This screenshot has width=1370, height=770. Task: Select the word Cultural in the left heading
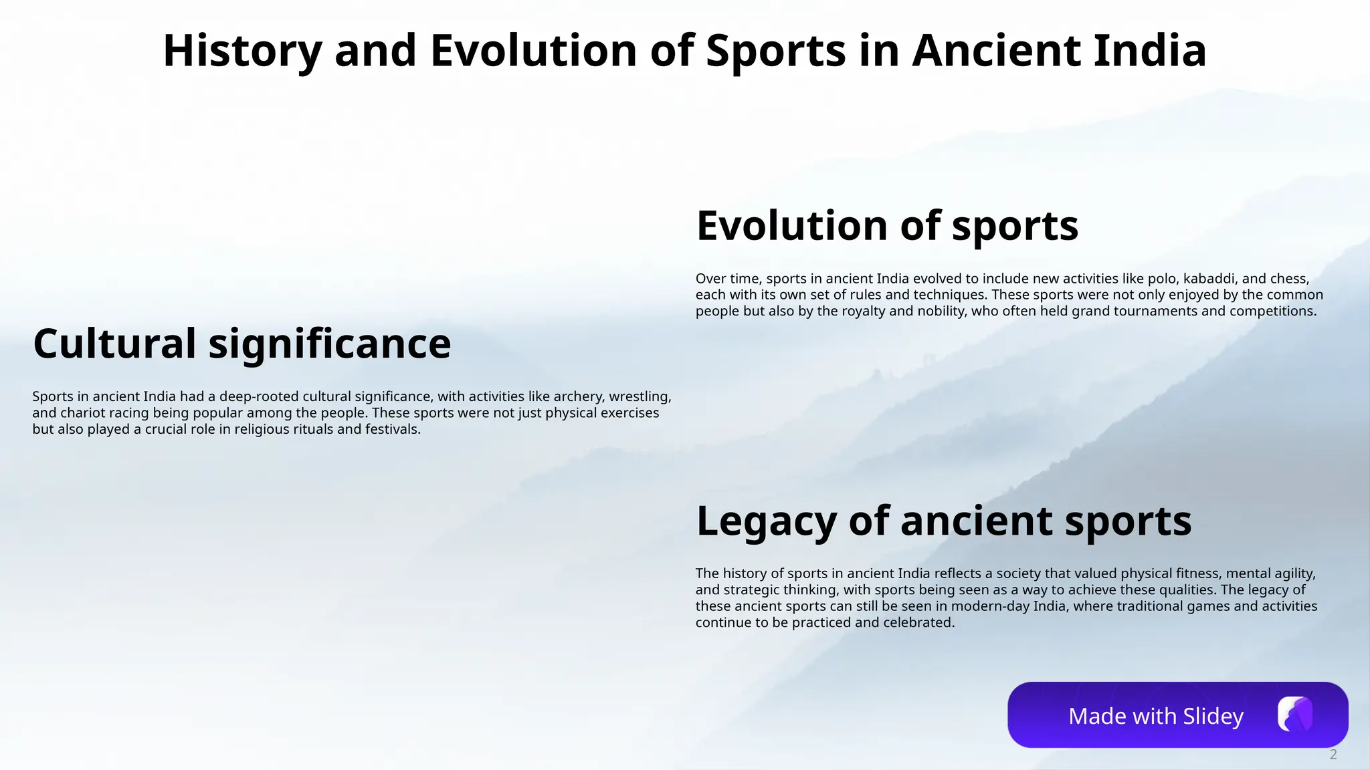tap(114, 344)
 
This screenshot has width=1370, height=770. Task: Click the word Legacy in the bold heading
tap(766, 521)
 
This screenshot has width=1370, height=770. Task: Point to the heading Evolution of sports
tap(887, 226)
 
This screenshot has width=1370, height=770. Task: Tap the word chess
tap(1288, 279)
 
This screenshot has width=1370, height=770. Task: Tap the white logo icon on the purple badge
tap(1294, 715)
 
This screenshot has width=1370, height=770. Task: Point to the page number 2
tap(1333, 755)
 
